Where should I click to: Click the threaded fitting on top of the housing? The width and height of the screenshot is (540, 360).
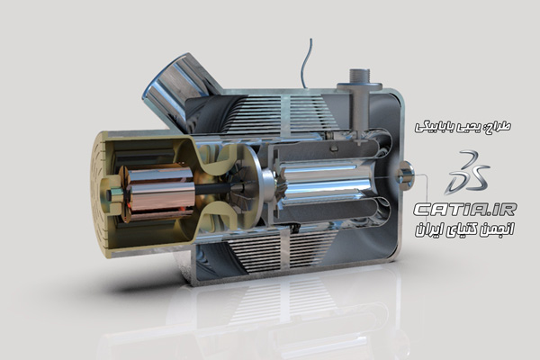[359, 76]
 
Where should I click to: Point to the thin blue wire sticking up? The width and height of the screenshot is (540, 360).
[304, 64]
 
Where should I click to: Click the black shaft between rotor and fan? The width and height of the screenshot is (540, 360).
[212, 188]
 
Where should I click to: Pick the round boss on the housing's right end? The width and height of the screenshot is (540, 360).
[405, 175]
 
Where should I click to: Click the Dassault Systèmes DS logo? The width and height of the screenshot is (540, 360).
[467, 173]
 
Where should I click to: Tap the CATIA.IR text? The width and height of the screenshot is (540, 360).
[465, 210]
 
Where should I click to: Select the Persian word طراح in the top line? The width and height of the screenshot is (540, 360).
[499, 127]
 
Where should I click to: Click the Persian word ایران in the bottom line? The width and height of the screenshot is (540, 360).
[428, 230]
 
